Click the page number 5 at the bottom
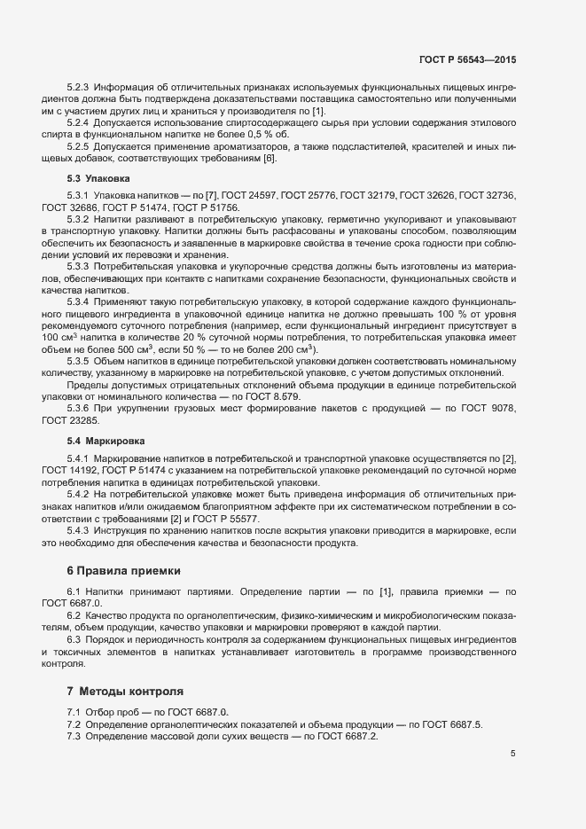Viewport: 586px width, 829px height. click(x=513, y=754)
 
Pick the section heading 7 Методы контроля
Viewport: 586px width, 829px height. click(x=125, y=690)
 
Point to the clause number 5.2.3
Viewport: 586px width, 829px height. click(x=79, y=87)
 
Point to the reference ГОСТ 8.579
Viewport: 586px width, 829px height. click(x=277, y=395)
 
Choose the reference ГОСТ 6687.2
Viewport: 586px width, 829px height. click(x=348, y=737)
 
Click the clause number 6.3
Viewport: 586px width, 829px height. click(x=74, y=640)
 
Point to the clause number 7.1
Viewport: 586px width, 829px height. click(x=74, y=712)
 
